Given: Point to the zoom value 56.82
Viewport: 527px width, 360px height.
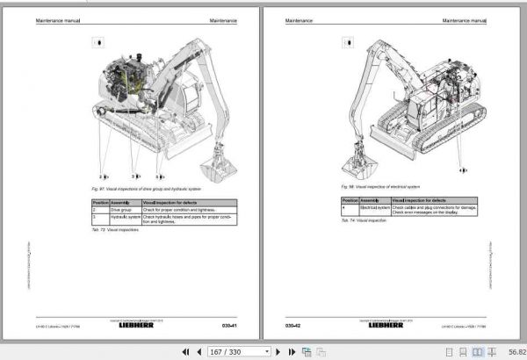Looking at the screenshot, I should [x=509, y=351].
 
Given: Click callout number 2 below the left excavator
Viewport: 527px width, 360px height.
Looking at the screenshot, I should [x=102, y=176].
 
